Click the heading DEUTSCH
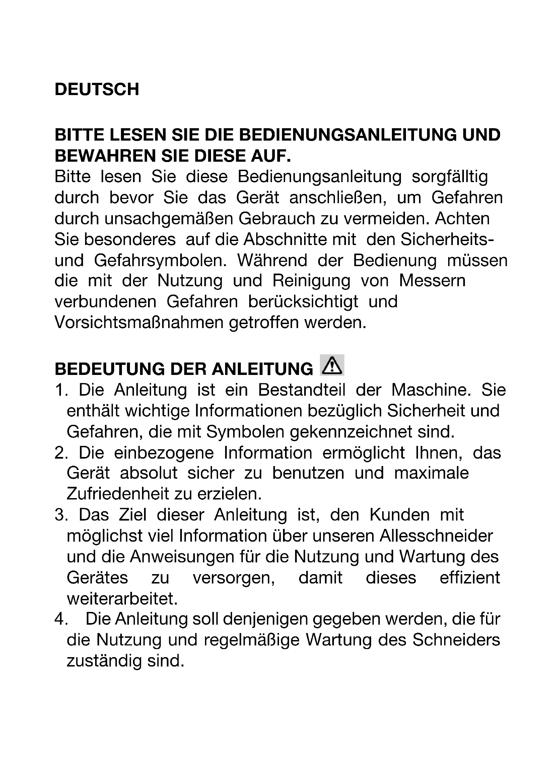click(97, 90)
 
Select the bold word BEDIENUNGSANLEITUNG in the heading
click(348, 135)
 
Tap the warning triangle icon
click(332, 366)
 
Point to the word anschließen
click(338, 198)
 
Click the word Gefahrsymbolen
click(160, 261)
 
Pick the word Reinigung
click(311, 281)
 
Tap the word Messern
click(432, 281)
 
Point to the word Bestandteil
click(302, 390)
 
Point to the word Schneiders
click(456, 640)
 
